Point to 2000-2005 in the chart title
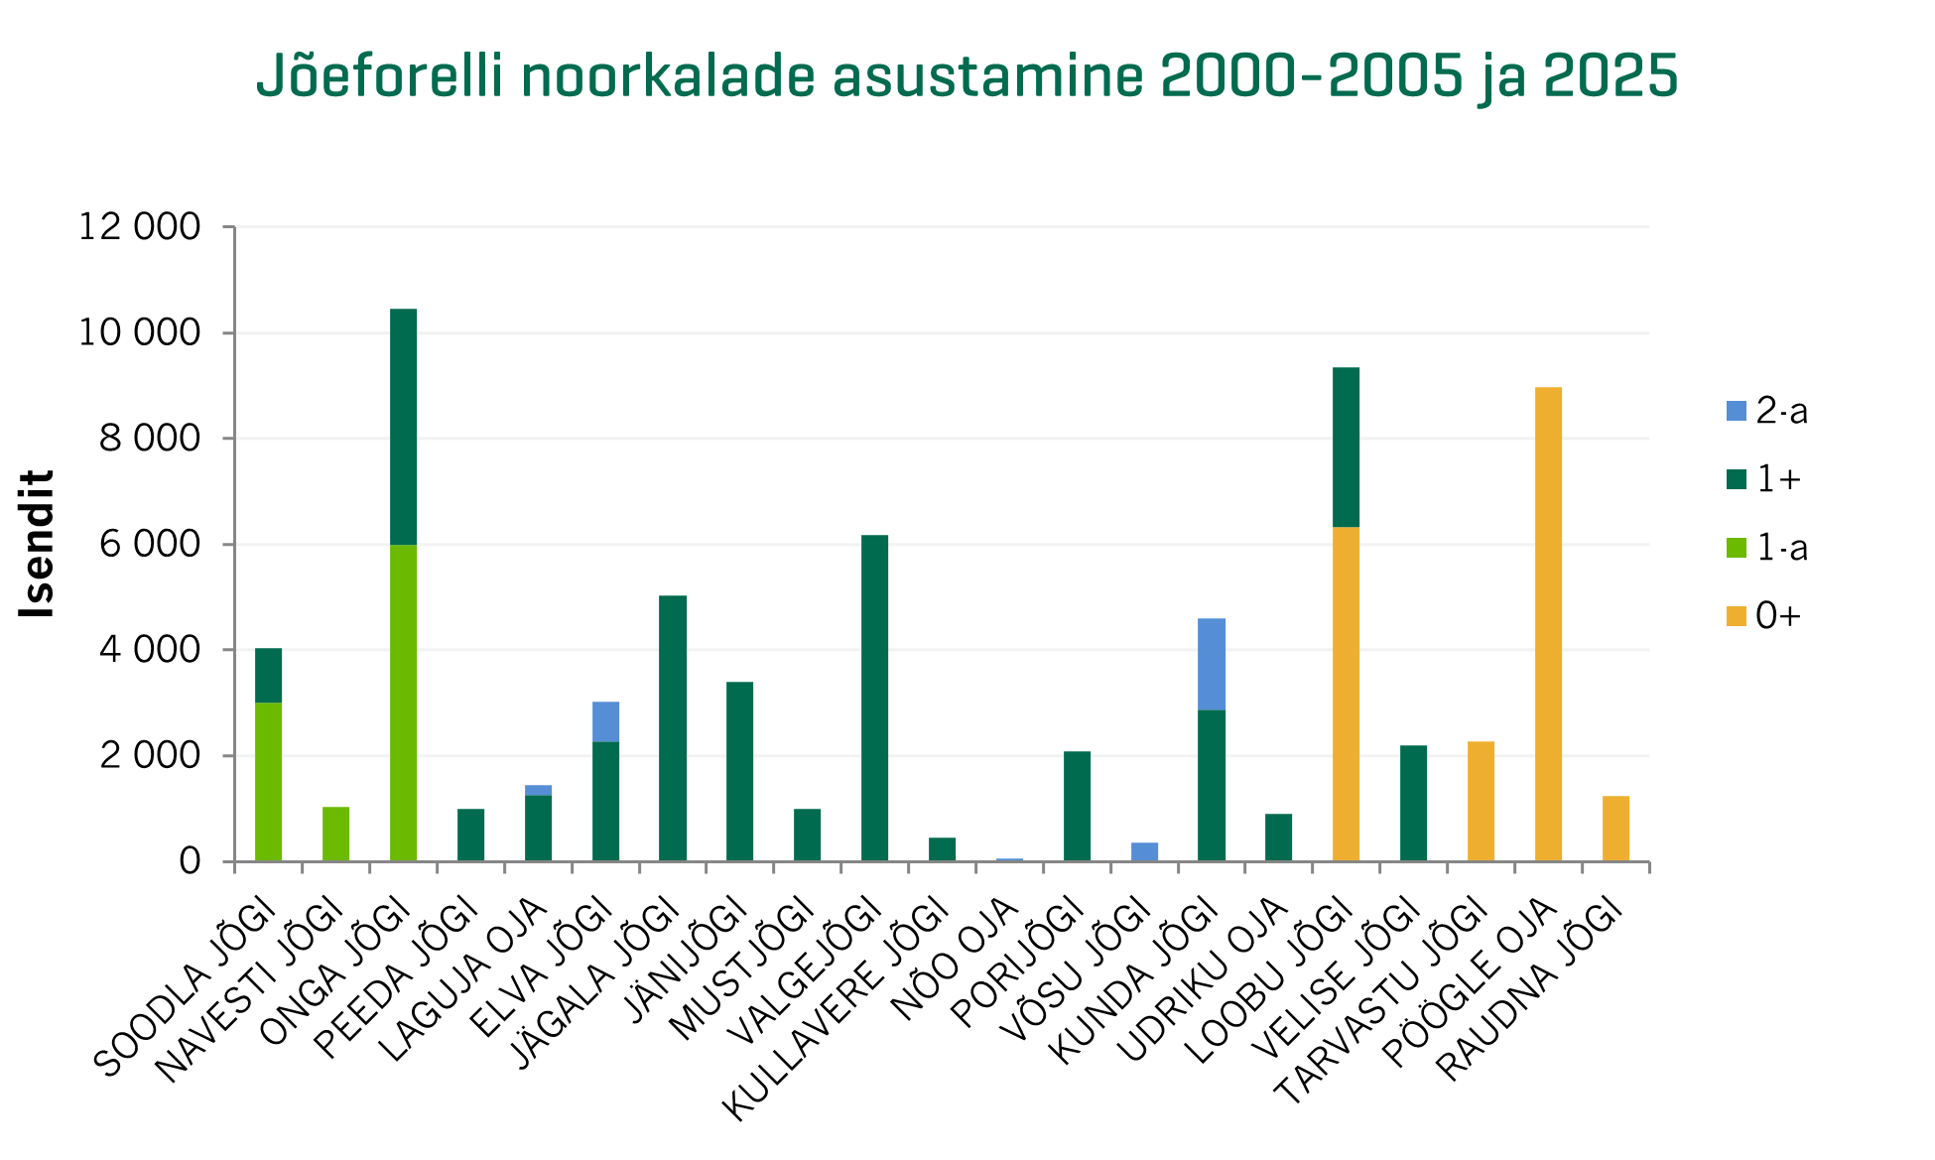pos(1311,76)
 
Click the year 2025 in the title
pos(1611,76)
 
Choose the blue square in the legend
pos(1737,411)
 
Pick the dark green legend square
pos(1737,479)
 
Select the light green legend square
pos(1737,548)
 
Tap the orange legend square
pos(1737,616)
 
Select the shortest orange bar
pos(1615,829)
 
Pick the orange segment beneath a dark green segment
pos(1346,694)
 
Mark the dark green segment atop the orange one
pos(1346,447)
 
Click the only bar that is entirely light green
pos(336,834)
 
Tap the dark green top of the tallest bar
pos(404,427)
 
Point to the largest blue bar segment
pos(1212,664)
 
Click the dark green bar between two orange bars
pos(1414,803)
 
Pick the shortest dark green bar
pos(943,849)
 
